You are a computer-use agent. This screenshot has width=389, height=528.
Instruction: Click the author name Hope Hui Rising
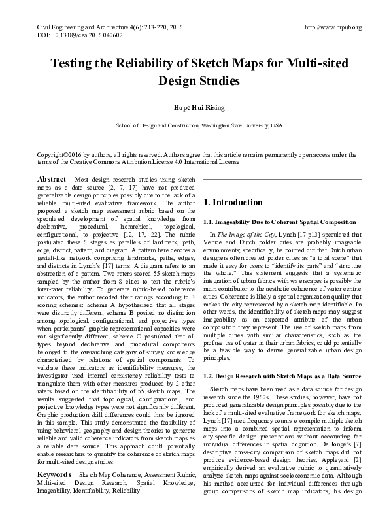coord(195,108)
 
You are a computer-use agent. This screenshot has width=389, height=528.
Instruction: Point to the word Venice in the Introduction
coord(215,241)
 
